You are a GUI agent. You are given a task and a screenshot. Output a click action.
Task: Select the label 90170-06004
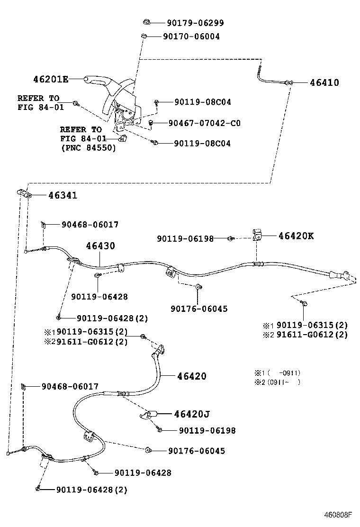pos(191,36)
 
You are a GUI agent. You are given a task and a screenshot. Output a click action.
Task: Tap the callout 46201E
pos(51,79)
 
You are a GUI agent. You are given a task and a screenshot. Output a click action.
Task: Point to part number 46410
pos(324,82)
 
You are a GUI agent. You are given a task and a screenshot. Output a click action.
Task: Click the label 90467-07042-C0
pos(204,123)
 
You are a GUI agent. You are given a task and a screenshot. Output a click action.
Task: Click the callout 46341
pos(62,195)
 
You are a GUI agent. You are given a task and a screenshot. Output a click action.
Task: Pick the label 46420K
pos(296,236)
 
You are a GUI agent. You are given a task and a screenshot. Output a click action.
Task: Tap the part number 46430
pos(100,246)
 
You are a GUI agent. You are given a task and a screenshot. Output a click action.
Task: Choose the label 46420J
pos(191,414)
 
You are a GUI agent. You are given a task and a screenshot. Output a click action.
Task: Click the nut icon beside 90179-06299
pos(146,22)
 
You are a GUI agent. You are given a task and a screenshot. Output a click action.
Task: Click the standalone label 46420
pos(192,376)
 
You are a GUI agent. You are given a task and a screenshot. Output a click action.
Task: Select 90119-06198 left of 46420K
pos(185,239)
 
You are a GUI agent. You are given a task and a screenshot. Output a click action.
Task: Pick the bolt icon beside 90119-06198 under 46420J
pos(160,430)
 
